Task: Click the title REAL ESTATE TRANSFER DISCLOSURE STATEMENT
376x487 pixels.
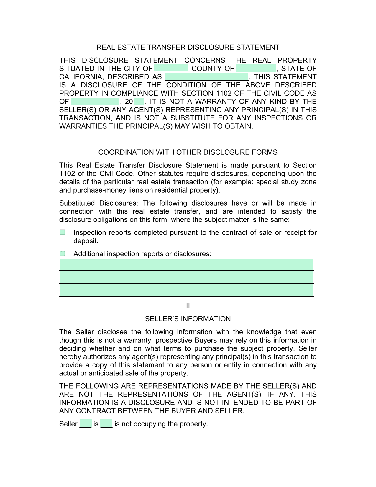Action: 188,47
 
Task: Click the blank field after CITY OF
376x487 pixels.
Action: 171,68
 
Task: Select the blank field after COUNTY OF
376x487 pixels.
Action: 256,68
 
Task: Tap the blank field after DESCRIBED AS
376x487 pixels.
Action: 207,77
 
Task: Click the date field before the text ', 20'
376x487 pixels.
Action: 96,102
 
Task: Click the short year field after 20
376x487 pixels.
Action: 139,102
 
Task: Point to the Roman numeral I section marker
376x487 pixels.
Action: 188,139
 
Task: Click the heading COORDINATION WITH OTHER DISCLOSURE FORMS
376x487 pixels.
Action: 188,152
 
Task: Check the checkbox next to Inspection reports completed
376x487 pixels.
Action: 63,233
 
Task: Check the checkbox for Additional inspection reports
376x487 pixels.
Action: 63,254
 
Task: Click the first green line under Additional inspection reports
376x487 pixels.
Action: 187,265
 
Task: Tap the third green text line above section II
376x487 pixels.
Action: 187,290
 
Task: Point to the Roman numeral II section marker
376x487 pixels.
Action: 188,306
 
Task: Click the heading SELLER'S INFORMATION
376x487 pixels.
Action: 188,319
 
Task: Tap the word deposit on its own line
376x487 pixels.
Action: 86,241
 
